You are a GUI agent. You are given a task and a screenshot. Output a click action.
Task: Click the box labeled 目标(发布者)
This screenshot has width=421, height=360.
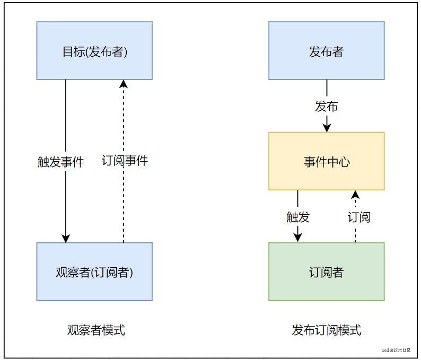(94, 51)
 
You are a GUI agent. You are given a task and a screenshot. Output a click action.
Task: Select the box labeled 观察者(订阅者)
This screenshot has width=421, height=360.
(94, 271)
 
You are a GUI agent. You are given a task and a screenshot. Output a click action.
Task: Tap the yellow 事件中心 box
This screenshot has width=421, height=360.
(327, 161)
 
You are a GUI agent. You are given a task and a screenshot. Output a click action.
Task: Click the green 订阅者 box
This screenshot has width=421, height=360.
(327, 271)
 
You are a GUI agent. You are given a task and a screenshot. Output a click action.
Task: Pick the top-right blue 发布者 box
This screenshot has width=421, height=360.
(327, 51)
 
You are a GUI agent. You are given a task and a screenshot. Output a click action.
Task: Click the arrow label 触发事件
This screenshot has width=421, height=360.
(60, 162)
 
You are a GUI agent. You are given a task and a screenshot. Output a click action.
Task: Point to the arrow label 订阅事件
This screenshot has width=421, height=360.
(125, 161)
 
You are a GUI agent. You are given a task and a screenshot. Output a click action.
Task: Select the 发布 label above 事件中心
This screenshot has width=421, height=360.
(327, 107)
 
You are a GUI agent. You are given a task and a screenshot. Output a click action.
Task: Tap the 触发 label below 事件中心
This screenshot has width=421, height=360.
(298, 217)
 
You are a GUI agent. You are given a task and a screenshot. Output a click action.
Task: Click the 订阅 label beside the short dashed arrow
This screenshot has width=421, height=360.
(359, 217)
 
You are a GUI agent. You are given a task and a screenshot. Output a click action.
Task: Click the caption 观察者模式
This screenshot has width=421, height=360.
(96, 330)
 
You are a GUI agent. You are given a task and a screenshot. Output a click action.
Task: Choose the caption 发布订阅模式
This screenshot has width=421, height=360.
(327, 330)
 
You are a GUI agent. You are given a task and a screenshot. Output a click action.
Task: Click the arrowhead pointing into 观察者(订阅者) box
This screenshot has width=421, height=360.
(66, 239)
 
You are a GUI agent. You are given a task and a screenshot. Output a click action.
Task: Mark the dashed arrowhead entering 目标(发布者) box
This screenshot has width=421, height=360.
(124, 84)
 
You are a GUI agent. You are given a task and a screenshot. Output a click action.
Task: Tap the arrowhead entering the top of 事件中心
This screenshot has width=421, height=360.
(327, 128)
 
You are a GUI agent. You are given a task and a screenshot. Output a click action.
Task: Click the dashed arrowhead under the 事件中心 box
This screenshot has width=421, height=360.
(355, 195)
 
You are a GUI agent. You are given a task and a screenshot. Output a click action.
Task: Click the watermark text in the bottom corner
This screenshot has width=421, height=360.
(396, 350)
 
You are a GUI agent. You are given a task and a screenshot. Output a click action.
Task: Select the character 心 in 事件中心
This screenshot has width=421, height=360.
(344, 162)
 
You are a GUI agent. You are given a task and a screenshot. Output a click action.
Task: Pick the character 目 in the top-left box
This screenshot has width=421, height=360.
(68, 51)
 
